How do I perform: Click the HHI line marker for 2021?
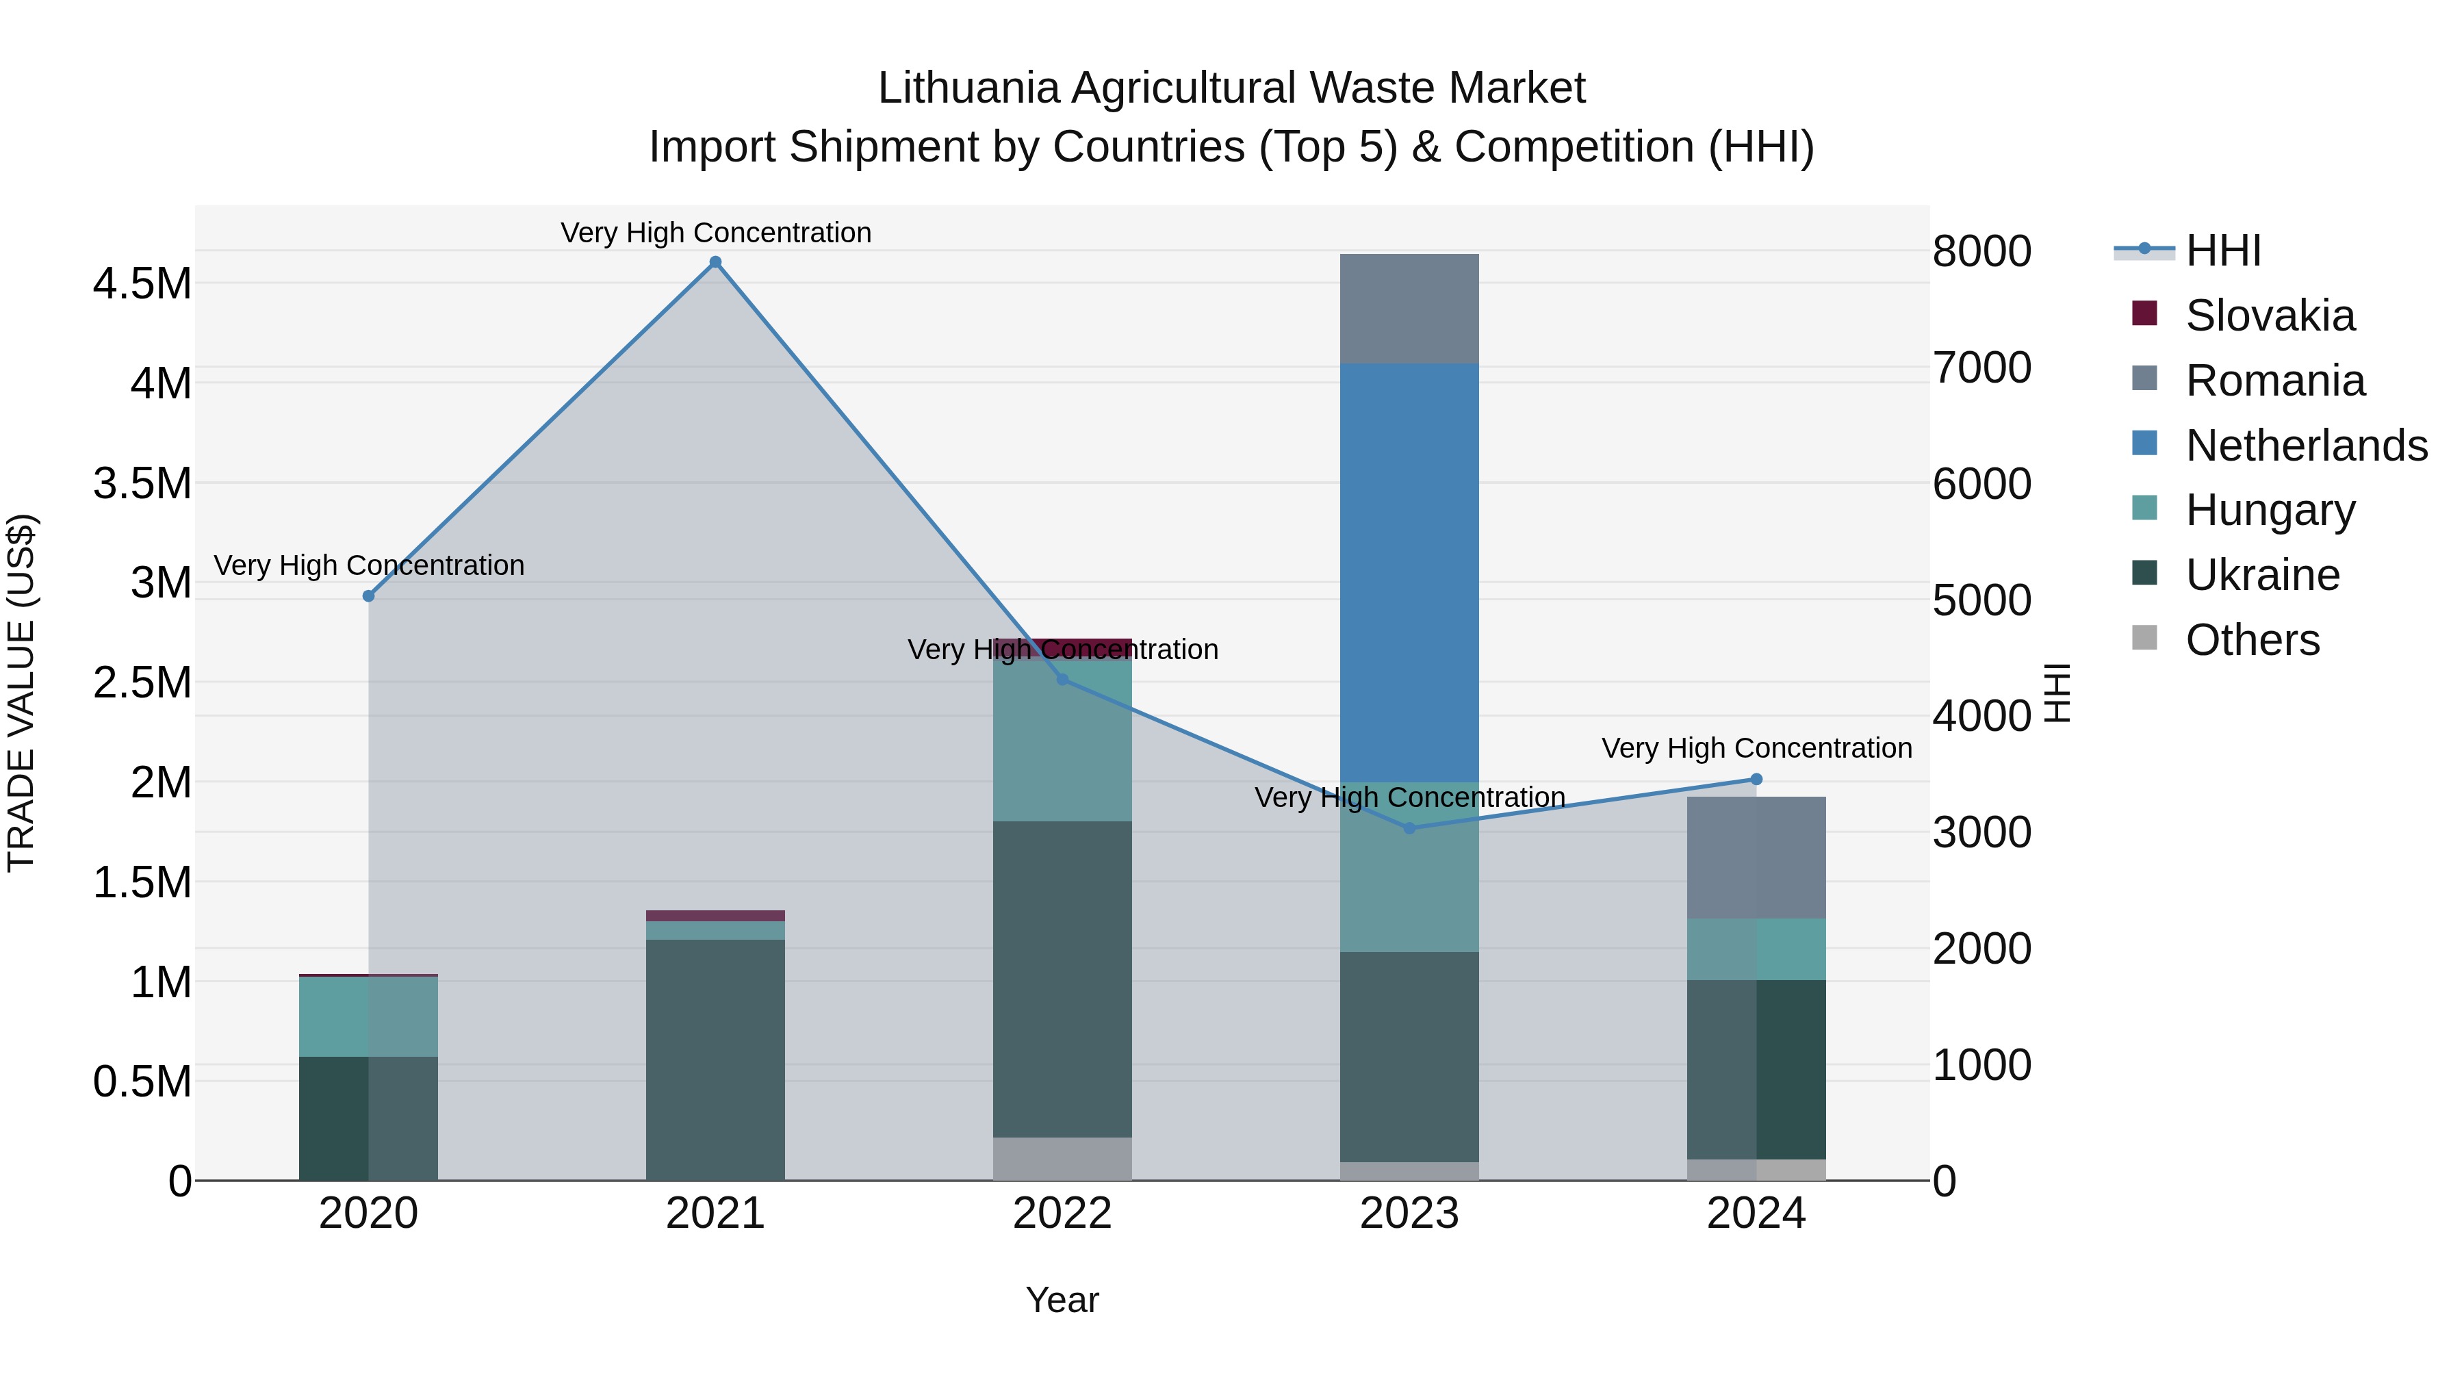715,262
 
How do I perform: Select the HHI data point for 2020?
368,596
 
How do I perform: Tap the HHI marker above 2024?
1756,780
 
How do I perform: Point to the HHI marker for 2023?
1409,828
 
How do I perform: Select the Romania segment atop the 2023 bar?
1409,308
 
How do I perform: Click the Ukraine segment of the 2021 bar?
715,1059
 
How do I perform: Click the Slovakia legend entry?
2269,316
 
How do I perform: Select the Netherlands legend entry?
2305,446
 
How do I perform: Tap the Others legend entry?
2252,640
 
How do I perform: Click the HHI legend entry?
2222,251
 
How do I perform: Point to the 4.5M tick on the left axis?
142,284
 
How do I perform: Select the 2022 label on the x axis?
1062,1214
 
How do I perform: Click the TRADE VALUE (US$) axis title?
21,693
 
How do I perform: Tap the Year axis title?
1062,1300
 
